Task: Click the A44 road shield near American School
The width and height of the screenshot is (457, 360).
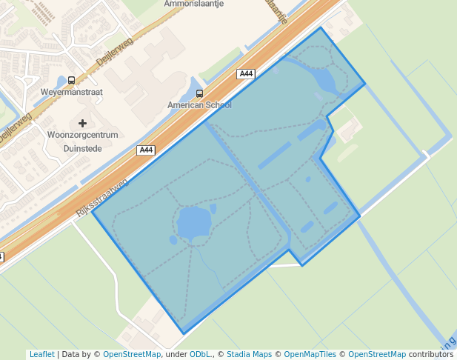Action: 247,74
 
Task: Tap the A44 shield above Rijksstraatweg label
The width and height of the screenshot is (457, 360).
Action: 146,150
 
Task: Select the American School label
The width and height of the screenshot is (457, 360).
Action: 199,105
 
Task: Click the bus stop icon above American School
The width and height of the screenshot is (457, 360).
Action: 199,93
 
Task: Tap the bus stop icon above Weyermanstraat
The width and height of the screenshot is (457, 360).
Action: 71,80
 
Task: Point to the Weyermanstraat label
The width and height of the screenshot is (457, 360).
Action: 71,92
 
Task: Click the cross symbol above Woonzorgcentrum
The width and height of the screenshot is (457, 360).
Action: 82,123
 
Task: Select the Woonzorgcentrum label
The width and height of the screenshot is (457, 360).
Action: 82,135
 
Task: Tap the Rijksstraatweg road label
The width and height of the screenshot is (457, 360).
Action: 104,196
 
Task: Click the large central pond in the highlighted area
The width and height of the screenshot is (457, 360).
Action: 193,223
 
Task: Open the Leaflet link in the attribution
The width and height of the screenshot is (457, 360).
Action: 41,354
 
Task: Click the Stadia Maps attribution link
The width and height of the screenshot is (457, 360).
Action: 248,354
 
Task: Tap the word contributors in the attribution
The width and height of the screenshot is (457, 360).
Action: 431,354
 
